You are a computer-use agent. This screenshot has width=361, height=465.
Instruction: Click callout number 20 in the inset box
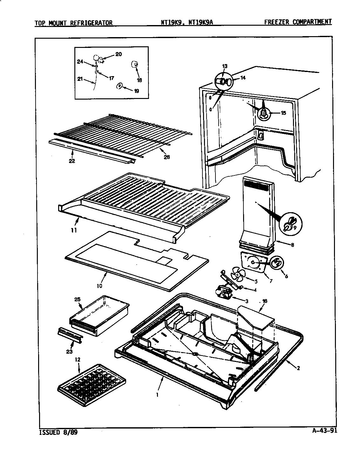coord(118,54)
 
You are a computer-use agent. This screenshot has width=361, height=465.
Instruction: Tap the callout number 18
coord(139,80)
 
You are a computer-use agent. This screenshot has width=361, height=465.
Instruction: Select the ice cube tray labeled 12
coord(92,385)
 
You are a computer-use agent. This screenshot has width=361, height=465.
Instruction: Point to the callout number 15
coord(283,113)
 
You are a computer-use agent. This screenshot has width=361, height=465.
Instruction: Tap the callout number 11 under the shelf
coord(74,231)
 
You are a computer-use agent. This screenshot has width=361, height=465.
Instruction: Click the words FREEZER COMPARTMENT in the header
coord(298,22)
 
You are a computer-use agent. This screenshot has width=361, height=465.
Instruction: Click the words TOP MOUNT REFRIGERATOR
coord(73,23)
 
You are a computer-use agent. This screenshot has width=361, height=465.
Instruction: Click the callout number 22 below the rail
coord(72,161)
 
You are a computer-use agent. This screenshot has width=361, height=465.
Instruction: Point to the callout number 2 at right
coord(298,368)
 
